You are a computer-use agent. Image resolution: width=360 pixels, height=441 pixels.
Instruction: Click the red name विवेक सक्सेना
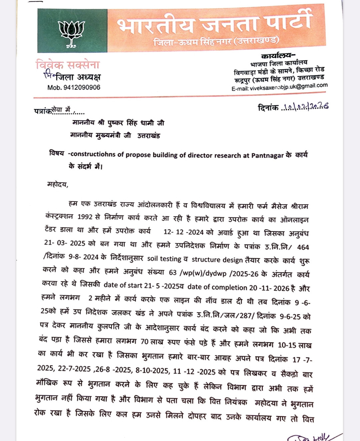click(x=68, y=64)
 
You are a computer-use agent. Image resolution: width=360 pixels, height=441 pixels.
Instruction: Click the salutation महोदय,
click(x=58, y=184)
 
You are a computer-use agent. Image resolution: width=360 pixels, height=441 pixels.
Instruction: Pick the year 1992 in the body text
click(x=85, y=217)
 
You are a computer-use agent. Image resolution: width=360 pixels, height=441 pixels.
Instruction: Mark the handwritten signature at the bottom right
click(x=312, y=436)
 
